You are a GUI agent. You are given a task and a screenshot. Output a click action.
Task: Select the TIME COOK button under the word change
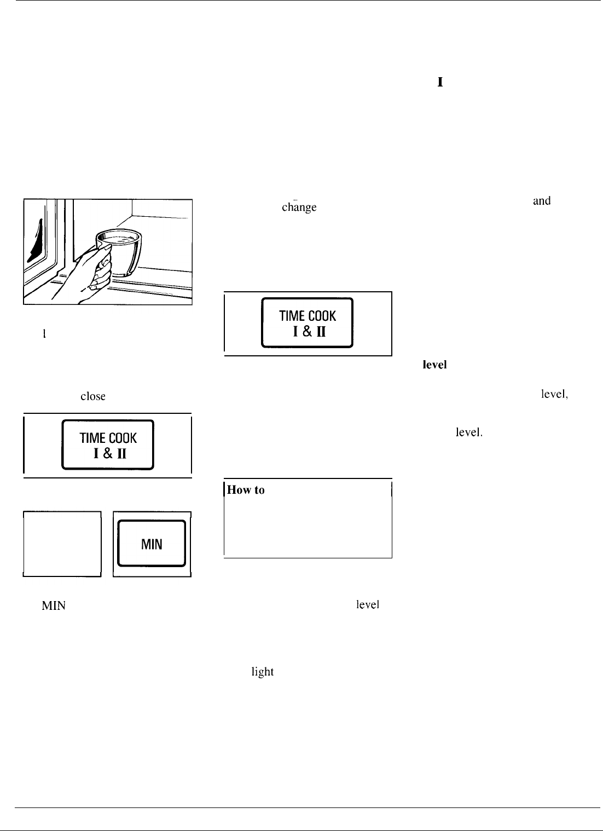tap(308, 323)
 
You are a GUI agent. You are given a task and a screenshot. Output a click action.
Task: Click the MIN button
tap(152, 544)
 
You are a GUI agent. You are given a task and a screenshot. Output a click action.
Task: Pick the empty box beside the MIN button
tap(62, 544)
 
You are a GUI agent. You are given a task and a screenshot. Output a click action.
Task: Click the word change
tap(299, 207)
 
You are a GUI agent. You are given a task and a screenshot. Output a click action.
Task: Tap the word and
tap(541, 201)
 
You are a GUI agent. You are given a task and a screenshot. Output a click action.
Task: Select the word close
tap(92, 396)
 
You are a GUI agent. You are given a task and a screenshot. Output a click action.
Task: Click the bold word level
tap(434, 365)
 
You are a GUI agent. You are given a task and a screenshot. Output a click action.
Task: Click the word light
tap(262, 672)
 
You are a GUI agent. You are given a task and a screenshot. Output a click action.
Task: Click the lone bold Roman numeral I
tap(439, 82)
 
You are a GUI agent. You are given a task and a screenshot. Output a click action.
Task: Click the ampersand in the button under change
tap(308, 331)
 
